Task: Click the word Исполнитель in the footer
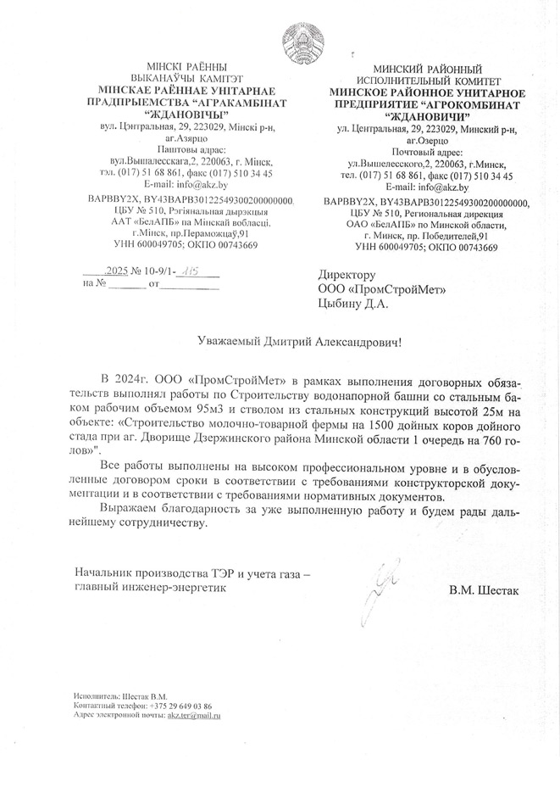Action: coord(92,696)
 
